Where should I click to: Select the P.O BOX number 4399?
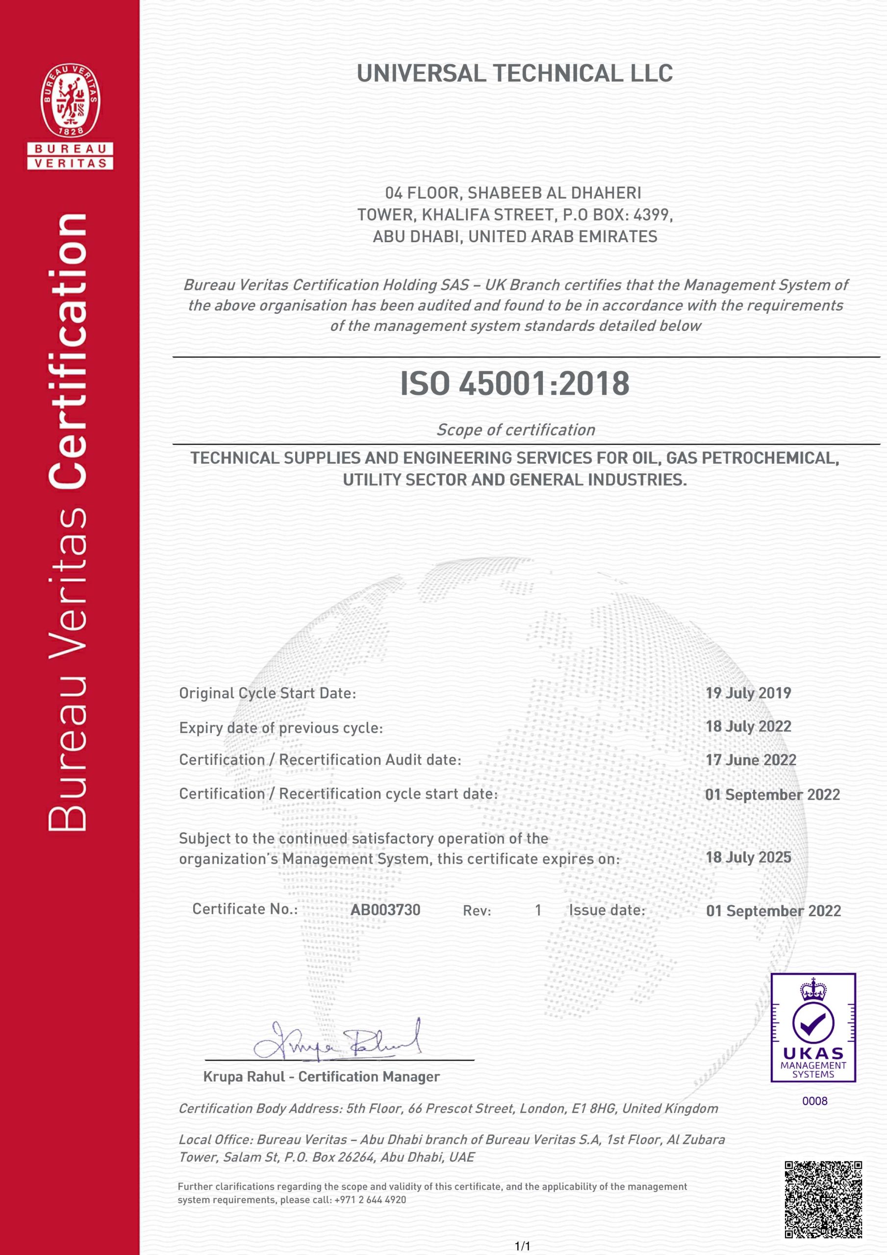coord(650,215)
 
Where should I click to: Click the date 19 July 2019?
coord(748,693)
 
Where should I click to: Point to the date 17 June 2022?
coord(750,760)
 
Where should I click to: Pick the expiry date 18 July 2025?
coord(748,857)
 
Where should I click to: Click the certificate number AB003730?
coord(385,910)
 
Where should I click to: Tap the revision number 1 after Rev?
coord(538,910)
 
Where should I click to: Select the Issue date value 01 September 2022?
coord(773,911)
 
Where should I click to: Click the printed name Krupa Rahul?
coord(244,1077)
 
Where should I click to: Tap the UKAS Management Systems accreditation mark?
coord(812,1028)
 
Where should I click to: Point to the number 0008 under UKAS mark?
coord(814,1101)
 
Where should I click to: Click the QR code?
coord(823,1199)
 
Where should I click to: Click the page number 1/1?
coord(523,1246)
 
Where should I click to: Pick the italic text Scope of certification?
coord(515,430)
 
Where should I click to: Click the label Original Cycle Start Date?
coord(267,693)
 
